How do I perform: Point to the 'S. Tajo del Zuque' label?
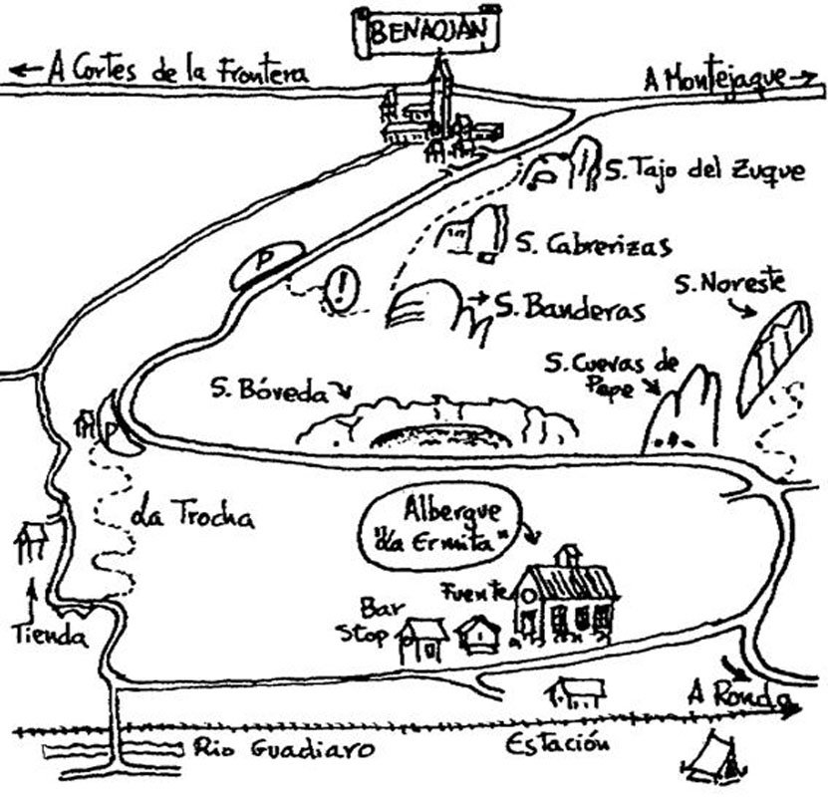704,171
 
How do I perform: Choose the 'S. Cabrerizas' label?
594,244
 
